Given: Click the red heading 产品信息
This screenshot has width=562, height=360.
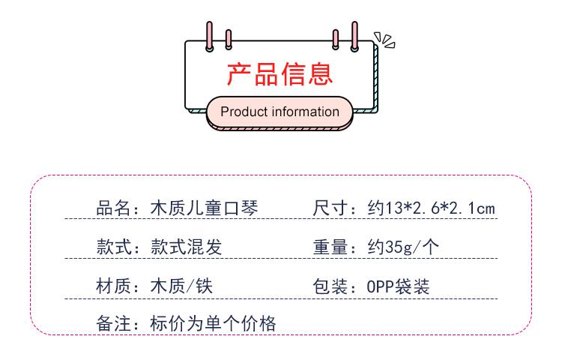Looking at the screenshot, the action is coord(279,75).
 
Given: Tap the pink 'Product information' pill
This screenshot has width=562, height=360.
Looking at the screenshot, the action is coord(279,112).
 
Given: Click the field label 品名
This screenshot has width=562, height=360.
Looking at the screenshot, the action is coord(112,208).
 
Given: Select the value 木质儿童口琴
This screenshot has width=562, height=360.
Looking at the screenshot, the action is coord(205,208).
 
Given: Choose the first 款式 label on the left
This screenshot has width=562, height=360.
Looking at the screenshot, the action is coord(112,247).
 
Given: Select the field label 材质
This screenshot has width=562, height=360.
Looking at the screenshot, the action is coord(112,286).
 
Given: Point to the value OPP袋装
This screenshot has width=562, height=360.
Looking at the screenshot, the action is coord(398,286).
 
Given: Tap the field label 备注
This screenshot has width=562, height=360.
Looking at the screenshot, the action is coord(112,324).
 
